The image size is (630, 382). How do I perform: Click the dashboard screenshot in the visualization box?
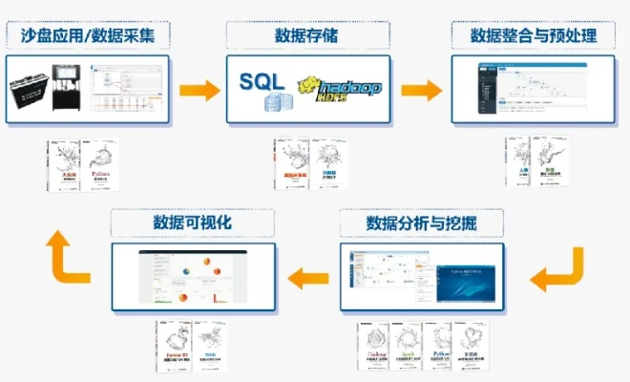[x=193, y=277]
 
